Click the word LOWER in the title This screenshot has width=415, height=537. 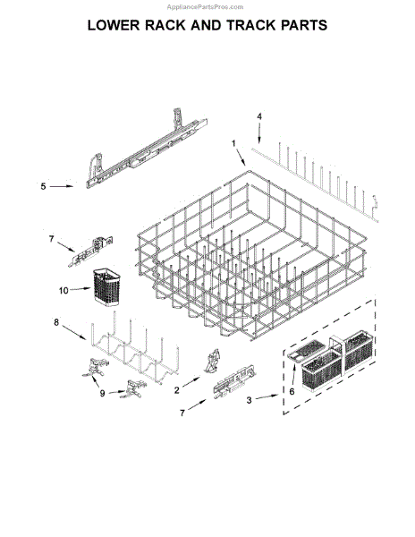click(x=118, y=25)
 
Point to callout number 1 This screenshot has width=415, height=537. click(x=234, y=143)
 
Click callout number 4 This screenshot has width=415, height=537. click(x=259, y=116)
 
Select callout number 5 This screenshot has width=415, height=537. click(x=43, y=186)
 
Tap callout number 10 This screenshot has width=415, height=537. click(x=64, y=291)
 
